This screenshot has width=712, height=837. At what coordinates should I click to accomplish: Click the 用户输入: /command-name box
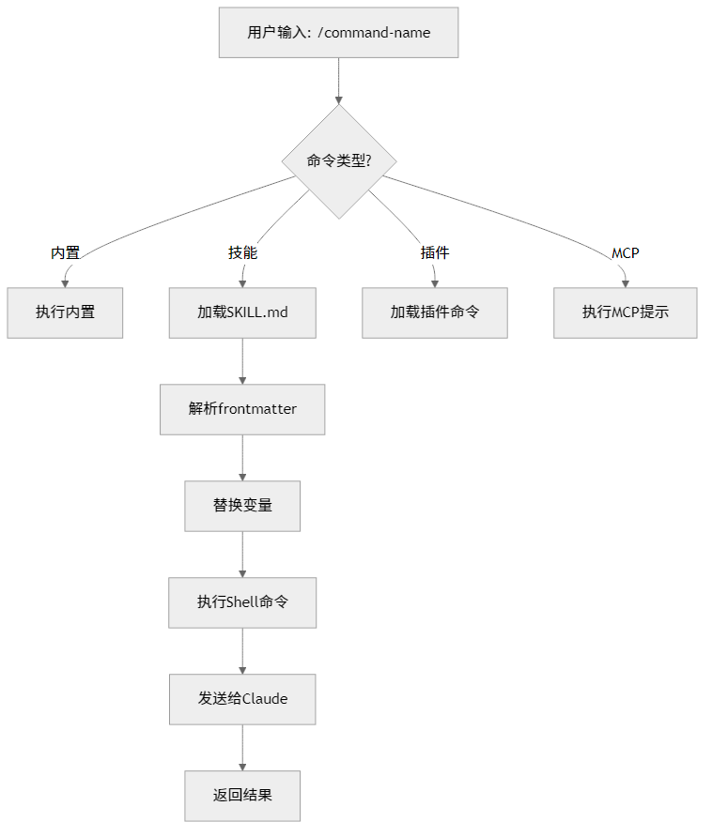pos(338,33)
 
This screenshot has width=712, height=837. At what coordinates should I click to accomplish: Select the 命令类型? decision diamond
pos(338,161)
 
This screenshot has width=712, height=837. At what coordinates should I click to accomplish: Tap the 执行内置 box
pos(65,312)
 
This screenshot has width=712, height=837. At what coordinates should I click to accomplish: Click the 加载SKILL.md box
pos(242,312)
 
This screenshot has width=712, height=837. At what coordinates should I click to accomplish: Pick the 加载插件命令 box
pos(435,312)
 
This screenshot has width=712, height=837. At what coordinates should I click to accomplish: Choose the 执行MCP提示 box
pos(625,312)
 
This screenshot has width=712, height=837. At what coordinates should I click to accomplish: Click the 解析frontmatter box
pos(242,409)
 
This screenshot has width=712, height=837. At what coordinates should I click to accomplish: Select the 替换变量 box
pos(242,506)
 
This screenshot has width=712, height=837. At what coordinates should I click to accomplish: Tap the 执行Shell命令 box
pos(242,602)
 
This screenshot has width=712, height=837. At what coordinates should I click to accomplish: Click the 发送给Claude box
pos(242,699)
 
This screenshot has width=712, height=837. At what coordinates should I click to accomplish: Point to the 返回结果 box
pos(242,796)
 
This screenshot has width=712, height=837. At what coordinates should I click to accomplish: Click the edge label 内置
pos(65,253)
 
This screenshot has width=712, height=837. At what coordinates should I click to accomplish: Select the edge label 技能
pos(242,253)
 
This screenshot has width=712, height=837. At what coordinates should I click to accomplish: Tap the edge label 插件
pos(435,253)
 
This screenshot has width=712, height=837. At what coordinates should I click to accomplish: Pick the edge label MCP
pos(625,253)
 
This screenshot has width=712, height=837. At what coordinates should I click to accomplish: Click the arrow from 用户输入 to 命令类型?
pos(338,81)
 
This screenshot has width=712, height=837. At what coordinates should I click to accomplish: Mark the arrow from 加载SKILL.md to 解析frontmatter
pos(242,360)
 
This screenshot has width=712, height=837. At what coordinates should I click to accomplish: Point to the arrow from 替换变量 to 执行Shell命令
pos(242,554)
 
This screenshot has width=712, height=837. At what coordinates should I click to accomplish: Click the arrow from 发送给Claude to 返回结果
pos(242,747)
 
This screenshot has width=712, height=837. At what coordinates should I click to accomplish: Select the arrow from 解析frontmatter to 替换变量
pos(242,457)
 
